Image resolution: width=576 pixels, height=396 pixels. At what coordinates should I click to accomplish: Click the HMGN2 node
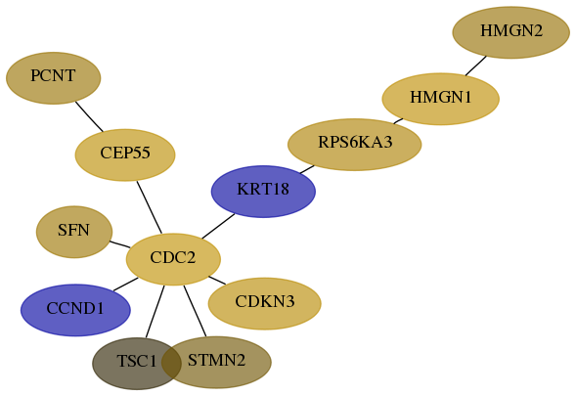tap(511, 32)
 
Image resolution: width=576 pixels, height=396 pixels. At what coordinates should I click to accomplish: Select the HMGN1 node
tap(440, 99)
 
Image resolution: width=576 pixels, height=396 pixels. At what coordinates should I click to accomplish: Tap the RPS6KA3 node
tap(354, 145)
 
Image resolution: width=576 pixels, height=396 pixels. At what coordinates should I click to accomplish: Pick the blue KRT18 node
tap(263, 192)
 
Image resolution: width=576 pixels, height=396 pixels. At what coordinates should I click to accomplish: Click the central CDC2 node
tap(173, 259)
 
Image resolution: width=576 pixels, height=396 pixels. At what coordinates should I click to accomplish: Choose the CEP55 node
tap(125, 155)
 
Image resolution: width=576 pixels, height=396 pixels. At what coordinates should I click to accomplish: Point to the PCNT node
tap(53, 78)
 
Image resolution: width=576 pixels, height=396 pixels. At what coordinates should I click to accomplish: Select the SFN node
tap(74, 232)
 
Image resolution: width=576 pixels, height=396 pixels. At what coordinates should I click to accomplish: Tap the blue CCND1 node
tap(75, 310)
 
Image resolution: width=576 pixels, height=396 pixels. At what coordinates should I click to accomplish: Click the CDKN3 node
tap(264, 303)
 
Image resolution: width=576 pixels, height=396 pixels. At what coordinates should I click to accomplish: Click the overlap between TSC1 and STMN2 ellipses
tap(171, 363)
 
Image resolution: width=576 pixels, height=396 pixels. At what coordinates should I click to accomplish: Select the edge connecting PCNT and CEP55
tap(89, 116)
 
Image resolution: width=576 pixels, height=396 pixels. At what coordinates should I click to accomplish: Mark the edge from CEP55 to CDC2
tap(150, 207)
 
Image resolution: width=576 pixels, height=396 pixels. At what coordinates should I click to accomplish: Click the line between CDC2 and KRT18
tap(218, 226)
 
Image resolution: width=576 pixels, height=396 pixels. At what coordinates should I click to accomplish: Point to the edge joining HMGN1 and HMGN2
tap(476, 66)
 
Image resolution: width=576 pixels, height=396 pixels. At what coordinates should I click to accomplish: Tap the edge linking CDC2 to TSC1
tap(155, 311)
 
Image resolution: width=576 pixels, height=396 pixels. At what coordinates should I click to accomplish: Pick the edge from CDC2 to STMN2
tap(195, 311)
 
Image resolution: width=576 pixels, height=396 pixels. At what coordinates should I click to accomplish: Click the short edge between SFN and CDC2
tap(119, 244)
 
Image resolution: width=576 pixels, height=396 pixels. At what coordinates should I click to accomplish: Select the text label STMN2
tap(216, 361)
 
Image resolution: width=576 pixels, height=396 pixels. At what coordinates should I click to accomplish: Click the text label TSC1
tap(137, 361)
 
